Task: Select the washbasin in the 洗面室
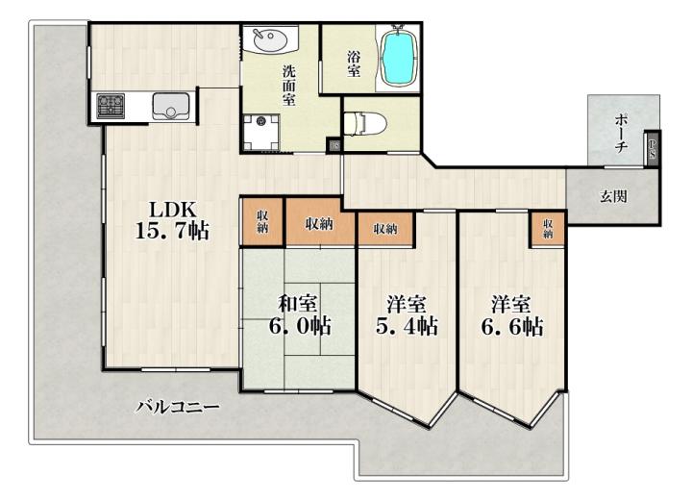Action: (x=270, y=39)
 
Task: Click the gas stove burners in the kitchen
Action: (x=111, y=106)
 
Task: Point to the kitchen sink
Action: (x=171, y=107)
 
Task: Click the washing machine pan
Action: (x=261, y=133)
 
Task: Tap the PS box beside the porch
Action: (x=653, y=148)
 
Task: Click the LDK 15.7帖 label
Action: (x=172, y=220)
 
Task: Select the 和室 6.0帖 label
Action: (x=300, y=315)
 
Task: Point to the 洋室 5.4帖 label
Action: (x=407, y=315)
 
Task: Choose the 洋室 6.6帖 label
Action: (x=512, y=315)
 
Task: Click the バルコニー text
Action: (x=178, y=406)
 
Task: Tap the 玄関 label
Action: (x=613, y=196)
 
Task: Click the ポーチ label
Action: (x=622, y=133)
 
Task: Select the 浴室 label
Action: (x=354, y=64)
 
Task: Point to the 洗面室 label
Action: (x=289, y=86)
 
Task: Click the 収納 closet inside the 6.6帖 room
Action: (x=548, y=229)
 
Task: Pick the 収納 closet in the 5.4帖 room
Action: (x=385, y=229)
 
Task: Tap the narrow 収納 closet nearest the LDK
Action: (x=262, y=221)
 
